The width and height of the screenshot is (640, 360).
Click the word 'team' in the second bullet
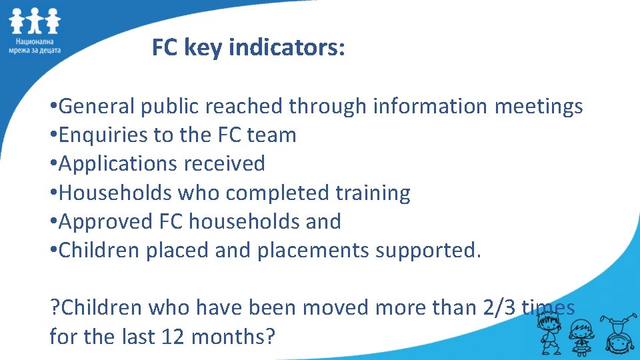271,135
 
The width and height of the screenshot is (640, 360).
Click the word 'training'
373,193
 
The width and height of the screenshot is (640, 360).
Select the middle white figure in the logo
34,21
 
